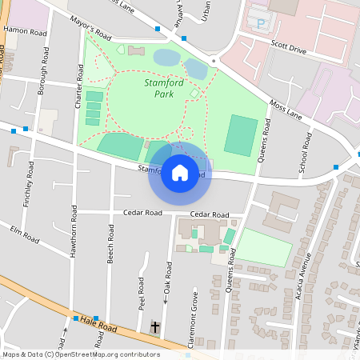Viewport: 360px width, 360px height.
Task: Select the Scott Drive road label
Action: point(289,50)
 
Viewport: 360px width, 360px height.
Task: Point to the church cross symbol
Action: point(155,327)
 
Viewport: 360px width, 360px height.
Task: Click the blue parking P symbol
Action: point(259,24)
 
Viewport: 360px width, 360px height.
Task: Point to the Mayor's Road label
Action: point(90,32)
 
